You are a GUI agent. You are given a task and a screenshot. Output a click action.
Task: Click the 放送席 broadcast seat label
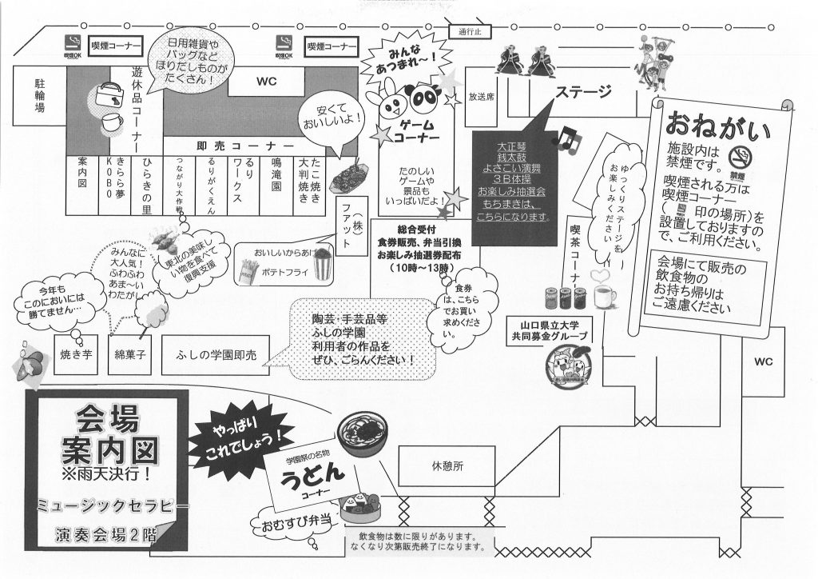[482, 96]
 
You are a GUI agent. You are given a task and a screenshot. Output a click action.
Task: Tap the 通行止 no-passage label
[472, 33]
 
